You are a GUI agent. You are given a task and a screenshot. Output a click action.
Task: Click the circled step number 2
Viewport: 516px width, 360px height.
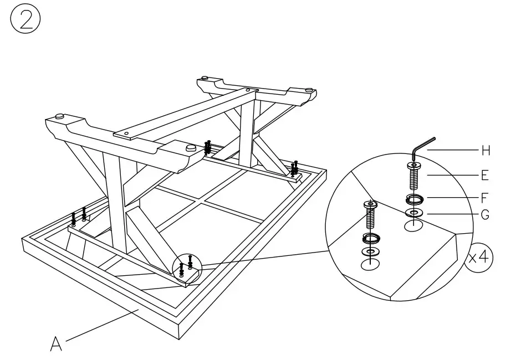click(x=25, y=20)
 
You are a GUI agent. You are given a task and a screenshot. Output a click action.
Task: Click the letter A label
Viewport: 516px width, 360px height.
click(x=56, y=344)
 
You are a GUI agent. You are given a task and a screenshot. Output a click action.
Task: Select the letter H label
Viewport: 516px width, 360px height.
click(x=486, y=151)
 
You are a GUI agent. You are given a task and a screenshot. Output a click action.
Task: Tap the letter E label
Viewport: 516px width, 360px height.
click(x=485, y=175)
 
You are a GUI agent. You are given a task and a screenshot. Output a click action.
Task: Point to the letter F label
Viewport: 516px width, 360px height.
click(x=485, y=197)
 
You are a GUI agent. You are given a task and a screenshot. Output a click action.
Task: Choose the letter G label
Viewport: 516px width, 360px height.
click(x=485, y=215)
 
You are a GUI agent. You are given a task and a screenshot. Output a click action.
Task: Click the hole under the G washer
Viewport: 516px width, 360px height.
click(x=413, y=226)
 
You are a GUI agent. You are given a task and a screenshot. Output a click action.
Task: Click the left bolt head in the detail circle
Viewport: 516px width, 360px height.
click(x=370, y=205)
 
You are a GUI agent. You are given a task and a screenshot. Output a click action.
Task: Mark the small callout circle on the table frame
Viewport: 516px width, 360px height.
click(x=187, y=268)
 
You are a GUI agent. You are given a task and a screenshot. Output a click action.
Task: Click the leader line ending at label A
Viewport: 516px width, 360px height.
click(x=100, y=326)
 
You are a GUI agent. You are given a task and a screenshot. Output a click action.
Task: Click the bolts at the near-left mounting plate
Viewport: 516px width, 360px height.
click(x=78, y=216)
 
